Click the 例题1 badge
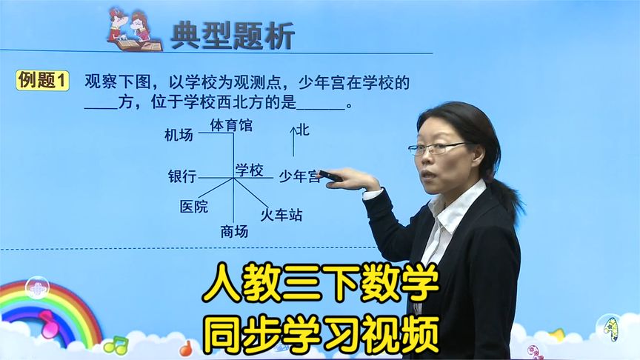click(43, 81)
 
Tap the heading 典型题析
click(232, 35)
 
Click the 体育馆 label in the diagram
click(231, 126)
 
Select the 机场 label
click(179, 135)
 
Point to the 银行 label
click(182, 177)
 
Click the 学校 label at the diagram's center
click(250, 170)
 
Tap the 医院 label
click(194, 207)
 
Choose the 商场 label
click(234, 232)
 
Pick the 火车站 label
click(281, 216)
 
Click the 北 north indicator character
click(302, 130)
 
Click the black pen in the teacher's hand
click(330, 176)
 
